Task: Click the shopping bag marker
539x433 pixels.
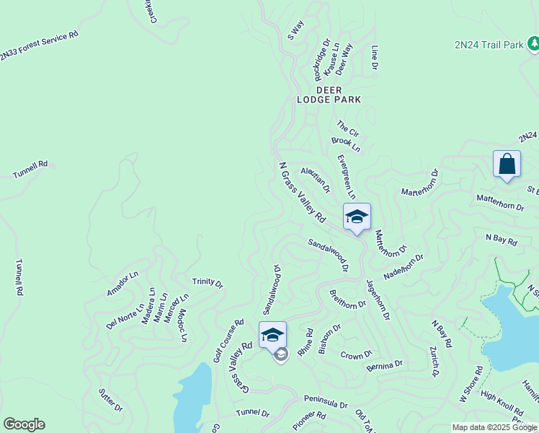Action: pos(507,165)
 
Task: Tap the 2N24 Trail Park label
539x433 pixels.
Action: pos(489,45)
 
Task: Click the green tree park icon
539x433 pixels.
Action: pos(533,45)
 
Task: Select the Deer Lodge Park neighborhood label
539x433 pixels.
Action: pos(329,95)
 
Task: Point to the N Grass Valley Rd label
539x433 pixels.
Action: pos(303,192)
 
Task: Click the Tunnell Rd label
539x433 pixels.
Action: pos(30,170)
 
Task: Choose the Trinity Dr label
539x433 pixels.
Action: pos(208,282)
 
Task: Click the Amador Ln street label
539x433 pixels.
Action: pos(122,284)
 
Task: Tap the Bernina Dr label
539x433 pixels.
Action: pos(384,366)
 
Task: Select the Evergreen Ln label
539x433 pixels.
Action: pos(346,175)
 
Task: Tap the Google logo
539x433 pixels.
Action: pos(24,424)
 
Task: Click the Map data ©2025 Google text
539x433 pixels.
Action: pos(494,427)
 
